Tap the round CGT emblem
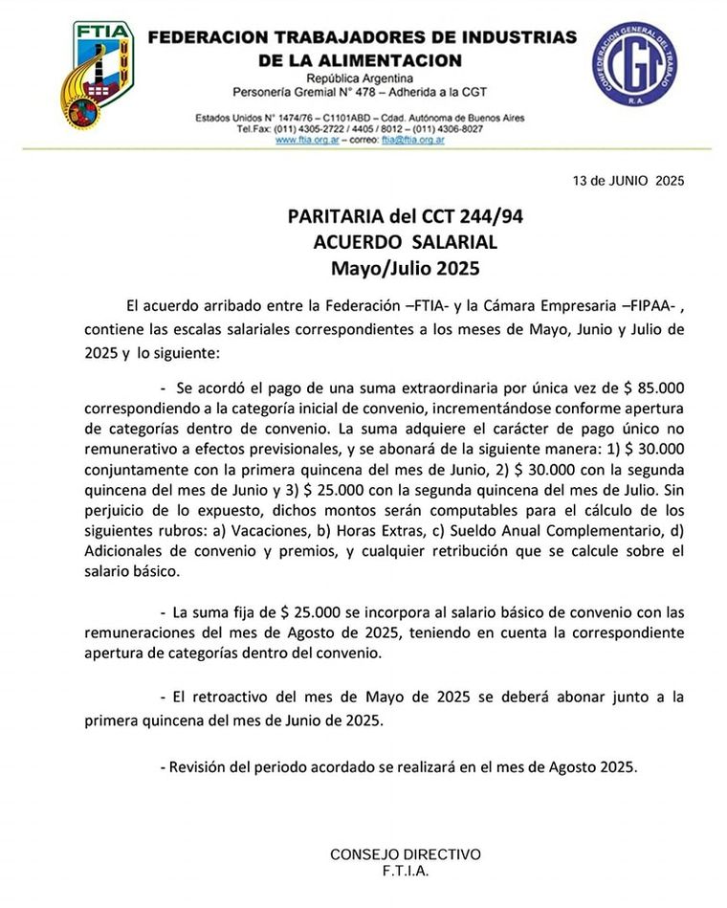(634, 65)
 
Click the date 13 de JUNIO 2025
(628, 180)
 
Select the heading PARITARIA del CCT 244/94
(406, 217)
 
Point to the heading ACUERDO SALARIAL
(406, 242)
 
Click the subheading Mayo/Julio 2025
(406, 267)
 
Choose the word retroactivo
(235, 698)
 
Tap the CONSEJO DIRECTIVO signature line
(406, 854)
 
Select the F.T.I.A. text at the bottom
(406, 872)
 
